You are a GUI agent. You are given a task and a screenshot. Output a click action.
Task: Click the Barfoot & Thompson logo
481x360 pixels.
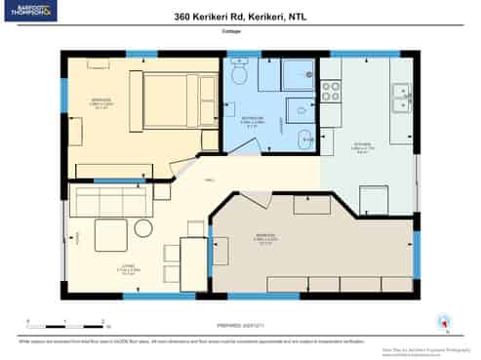(30, 12)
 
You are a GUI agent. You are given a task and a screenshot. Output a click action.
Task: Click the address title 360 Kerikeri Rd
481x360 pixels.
(240, 17)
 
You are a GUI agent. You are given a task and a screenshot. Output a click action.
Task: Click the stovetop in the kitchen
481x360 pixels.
(331, 91)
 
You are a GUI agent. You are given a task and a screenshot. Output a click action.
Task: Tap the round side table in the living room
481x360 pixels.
(143, 228)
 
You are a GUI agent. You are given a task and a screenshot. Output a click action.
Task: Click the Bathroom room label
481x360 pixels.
(252, 119)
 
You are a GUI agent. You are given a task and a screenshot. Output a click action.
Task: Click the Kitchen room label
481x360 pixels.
(361, 148)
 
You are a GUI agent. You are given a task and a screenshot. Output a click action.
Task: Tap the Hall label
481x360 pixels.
(209, 180)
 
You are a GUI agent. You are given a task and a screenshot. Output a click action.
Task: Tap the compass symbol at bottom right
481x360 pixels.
(445, 323)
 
